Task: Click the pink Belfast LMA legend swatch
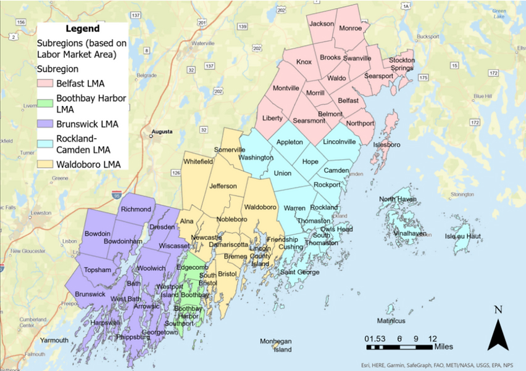point(46,83)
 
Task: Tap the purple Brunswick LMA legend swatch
point(46,124)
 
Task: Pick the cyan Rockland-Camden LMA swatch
point(46,144)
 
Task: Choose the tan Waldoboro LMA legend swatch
point(46,164)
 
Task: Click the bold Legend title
point(82,29)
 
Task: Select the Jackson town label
point(321,24)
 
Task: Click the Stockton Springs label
point(401,64)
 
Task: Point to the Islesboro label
point(387,145)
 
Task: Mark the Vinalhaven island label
point(409,234)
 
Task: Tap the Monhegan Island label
point(275,345)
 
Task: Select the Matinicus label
point(391,321)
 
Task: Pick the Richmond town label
point(136,210)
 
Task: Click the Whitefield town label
point(198,161)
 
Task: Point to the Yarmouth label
point(54,340)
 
